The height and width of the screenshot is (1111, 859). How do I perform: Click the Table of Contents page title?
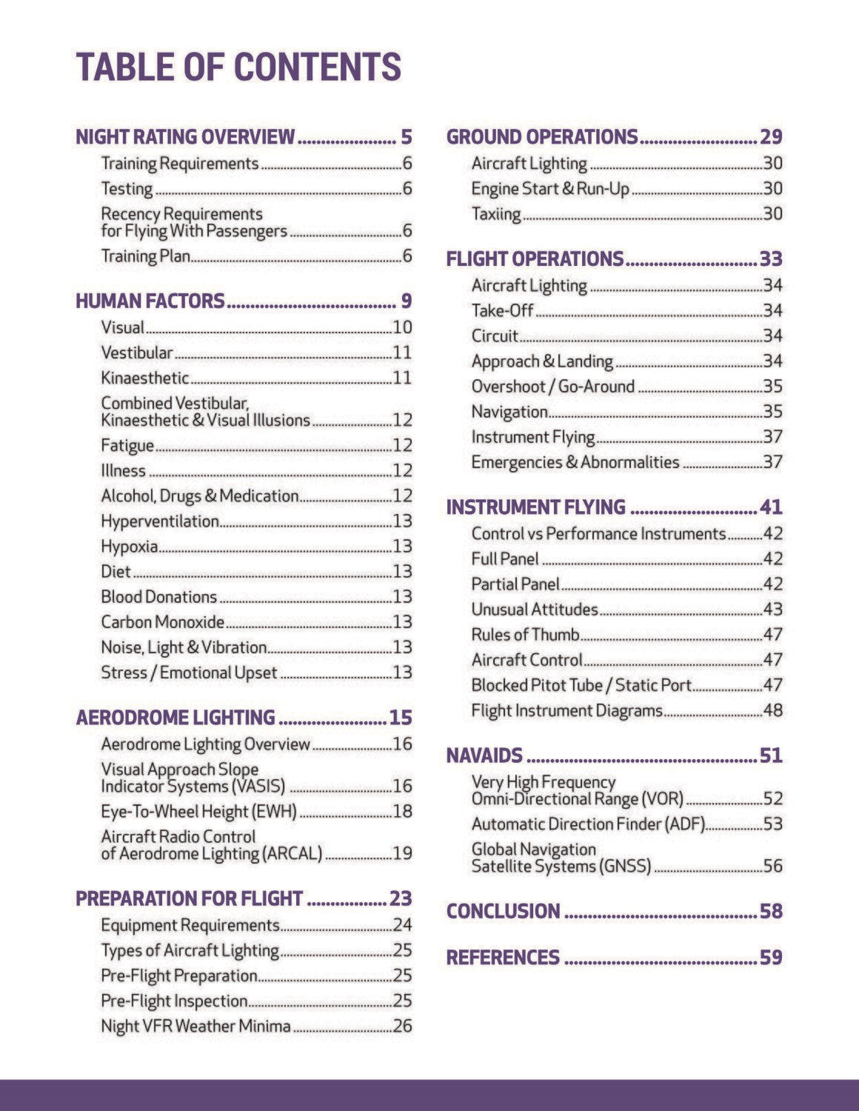click(x=238, y=67)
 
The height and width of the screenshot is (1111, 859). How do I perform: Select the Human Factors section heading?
click(x=150, y=301)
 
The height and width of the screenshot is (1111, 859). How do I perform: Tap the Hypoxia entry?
click(x=130, y=547)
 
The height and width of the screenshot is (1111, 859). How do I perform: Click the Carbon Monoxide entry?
click(x=163, y=622)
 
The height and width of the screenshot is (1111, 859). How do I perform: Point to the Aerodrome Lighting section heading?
click(x=176, y=718)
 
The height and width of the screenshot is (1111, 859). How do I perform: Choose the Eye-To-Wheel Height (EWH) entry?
click(x=198, y=812)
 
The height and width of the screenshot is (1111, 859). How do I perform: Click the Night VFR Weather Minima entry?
click(x=195, y=1027)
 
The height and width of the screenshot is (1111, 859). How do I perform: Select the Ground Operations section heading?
click(x=542, y=137)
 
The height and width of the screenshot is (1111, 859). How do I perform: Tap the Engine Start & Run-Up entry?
click(x=550, y=189)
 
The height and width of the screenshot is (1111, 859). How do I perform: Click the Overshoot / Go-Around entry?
click(x=553, y=387)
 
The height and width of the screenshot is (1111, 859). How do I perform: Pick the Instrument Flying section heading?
click(x=536, y=507)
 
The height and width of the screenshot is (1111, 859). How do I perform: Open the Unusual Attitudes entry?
click(x=535, y=610)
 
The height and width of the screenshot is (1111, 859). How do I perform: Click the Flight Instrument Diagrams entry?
click(x=567, y=711)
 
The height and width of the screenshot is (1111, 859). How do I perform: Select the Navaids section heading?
click(x=484, y=755)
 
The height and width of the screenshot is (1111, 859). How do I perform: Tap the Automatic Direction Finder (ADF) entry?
click(x=588, y=824)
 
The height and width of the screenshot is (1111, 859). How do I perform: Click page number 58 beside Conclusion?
click(x=771, y=911)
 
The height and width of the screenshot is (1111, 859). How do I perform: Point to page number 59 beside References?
click(x=771, y=958)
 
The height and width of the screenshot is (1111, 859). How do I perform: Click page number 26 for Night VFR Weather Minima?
click(x=402, y=1027)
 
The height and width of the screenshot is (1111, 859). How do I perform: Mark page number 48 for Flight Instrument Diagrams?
click(x=772, y=711)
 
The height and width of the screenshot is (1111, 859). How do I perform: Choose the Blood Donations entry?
click(x=159, y=597)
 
